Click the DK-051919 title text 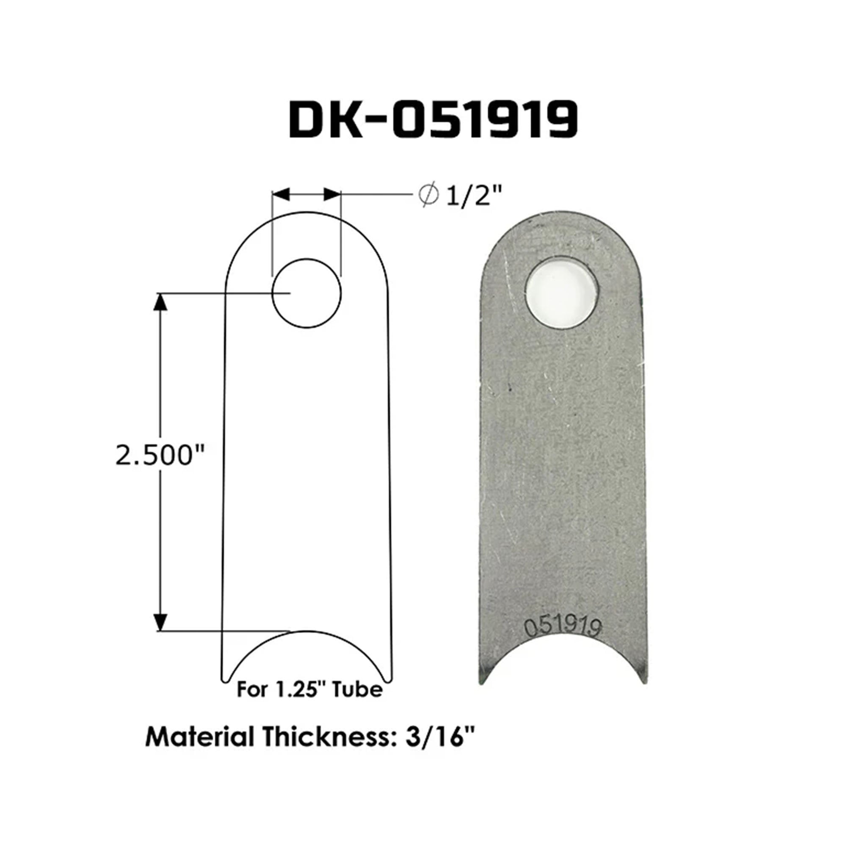(433, 119)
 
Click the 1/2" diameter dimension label (472, 196)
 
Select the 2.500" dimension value (160, 456)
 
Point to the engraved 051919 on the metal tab (562, 627)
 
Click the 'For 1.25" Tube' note (309, 690)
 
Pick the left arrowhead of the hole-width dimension (281, 194)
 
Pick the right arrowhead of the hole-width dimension (332, 194)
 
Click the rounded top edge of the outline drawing (306, 213)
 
